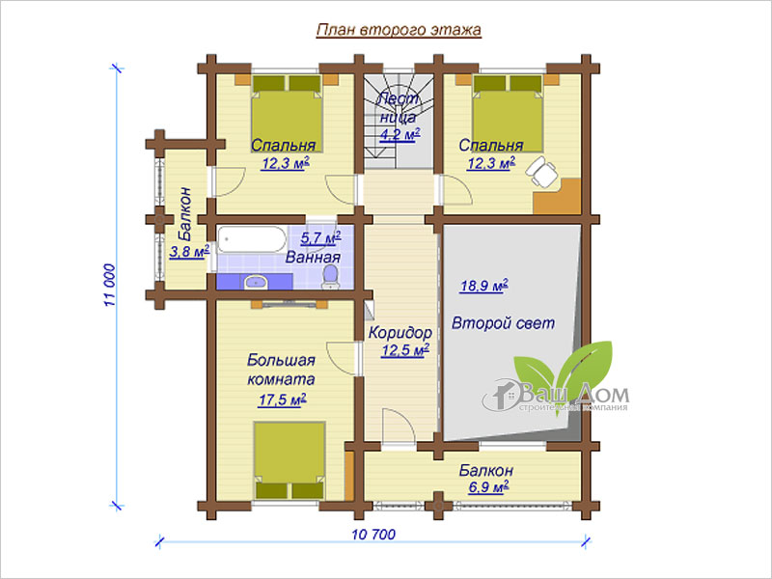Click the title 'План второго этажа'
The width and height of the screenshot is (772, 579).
399,30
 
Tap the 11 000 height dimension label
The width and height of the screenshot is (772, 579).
109,286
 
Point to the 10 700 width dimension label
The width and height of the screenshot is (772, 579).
373,535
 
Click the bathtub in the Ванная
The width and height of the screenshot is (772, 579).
252,239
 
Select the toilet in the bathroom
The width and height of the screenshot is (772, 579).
330,276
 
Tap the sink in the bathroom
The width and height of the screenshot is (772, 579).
256,282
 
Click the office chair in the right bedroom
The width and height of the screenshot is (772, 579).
541,171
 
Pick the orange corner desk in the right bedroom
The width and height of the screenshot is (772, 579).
558,196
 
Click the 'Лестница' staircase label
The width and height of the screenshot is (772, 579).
398,108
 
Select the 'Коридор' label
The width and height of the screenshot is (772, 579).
400,333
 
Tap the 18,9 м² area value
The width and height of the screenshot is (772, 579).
484,286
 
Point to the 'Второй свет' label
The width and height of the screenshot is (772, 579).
503,323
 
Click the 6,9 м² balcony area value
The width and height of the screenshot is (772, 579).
488,487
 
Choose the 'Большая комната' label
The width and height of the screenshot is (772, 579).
281,370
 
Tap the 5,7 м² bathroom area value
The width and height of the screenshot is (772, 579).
320,238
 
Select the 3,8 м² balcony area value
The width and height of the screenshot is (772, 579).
189,252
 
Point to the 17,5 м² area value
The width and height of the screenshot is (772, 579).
282,400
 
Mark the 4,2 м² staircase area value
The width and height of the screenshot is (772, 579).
400,134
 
